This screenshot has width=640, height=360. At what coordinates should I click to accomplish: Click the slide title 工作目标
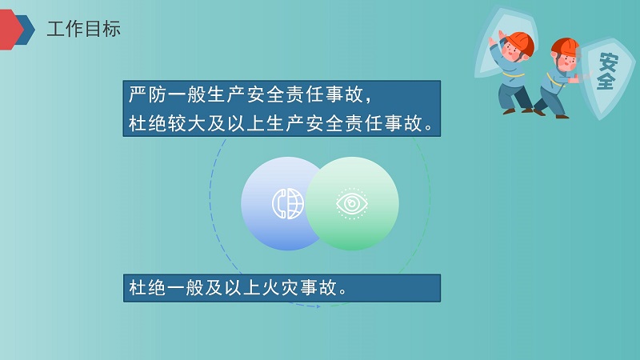click(x=84, y=29)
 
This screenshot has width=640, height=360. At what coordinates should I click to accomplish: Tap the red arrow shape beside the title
click(x=10, y=30)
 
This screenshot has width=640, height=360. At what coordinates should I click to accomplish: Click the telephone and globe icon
click(x=288, y=204)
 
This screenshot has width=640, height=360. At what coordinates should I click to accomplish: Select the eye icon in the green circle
click(x=352, y=203)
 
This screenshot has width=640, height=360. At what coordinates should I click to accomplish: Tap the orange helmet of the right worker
click(x=566, y=48)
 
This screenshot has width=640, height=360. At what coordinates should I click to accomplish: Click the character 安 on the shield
click(x=609, y=62)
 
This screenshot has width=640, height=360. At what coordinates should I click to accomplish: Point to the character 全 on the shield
click(x=606, y=80)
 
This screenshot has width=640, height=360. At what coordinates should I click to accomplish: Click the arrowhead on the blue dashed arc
click(x=318, y=306)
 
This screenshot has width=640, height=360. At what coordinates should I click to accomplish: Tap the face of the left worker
click(x=512, y=52)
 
